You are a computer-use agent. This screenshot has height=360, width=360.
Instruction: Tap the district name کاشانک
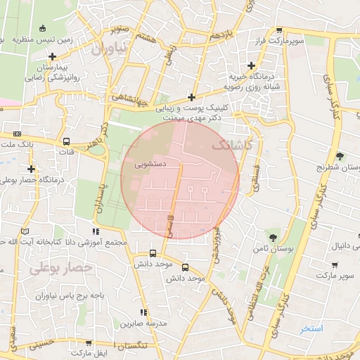pyautogui.click(x=231, y=144)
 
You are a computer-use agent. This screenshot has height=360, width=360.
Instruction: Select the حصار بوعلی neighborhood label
pyautogui.click(x=61, y=268)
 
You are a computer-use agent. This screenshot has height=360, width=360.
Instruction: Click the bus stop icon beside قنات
pyautogui.click(x=67, y=141)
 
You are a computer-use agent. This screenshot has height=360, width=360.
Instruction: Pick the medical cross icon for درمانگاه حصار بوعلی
pyautogui.click(x=32, y=169)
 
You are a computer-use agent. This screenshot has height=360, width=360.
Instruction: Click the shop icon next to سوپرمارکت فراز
pyautogui.click(x=280, y=31)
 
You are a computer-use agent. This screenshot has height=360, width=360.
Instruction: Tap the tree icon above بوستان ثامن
pyautogui.click(x=273, y=236)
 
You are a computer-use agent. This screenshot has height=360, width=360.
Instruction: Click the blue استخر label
pyautogui.click(x=311, y=328)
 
